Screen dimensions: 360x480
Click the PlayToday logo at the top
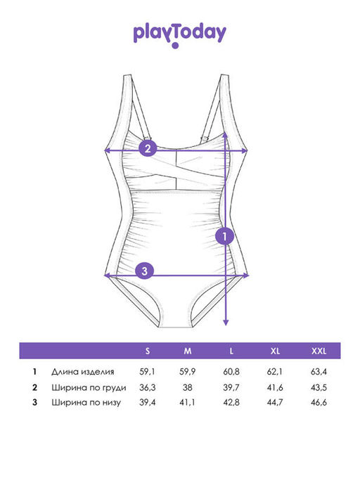(180, 36)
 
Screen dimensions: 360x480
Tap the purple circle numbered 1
(224, 236)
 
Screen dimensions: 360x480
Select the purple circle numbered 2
(148, 148)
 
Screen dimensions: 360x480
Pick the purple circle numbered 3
(145, 271)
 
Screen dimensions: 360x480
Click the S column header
(148, 351)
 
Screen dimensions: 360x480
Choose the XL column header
(275, 351)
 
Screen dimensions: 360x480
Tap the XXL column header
(319, 351)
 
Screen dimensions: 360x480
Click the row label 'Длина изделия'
(83, 372)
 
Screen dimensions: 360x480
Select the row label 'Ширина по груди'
(89, 388)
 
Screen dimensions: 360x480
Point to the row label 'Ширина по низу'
(86, 402)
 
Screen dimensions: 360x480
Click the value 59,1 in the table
(148, 372)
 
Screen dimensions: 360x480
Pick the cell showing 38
(188, 387)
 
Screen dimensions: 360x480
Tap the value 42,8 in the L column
(231, 402)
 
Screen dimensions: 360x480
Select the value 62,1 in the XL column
(275, 372)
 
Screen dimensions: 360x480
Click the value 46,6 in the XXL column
(319, 402)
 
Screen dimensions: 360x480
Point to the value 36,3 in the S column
(148, 387)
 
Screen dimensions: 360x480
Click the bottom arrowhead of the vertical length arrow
(226, 323)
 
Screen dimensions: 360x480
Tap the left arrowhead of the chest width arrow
(108, 150)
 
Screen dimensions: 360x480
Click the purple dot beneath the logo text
(175, 46)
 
